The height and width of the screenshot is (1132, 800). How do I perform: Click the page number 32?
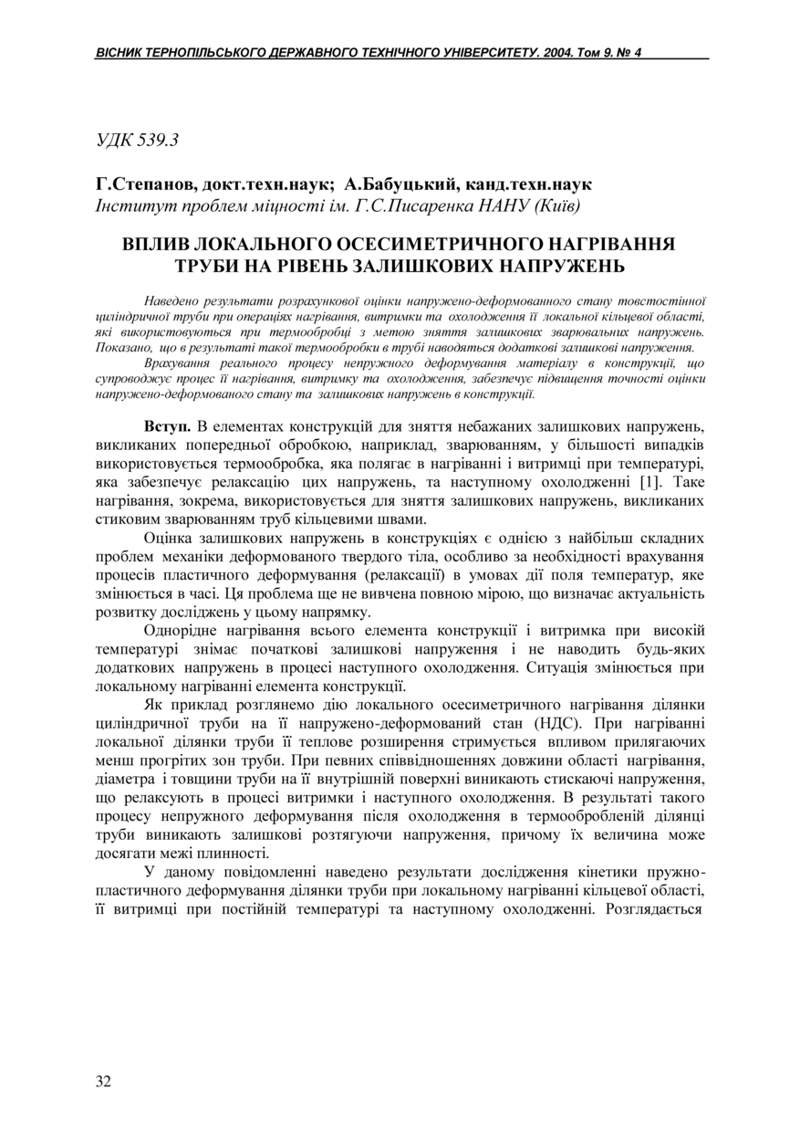coord(103,1082)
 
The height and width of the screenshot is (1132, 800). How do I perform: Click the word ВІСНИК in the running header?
coord(118,53)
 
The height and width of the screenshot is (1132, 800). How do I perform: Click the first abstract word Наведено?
coord(171,300)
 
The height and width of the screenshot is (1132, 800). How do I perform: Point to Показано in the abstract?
coord(122,348)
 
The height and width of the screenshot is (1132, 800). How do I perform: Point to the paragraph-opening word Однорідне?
coord(185,631)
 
